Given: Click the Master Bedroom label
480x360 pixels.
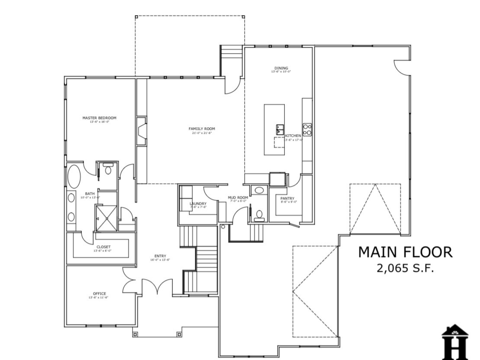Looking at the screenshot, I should (x=99, y=118).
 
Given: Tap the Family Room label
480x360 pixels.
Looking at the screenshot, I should (x=201, y=129).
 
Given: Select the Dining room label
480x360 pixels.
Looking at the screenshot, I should (x=281, y=68).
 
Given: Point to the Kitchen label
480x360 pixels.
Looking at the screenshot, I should (x=293, y=136).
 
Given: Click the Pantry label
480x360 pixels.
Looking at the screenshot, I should (x=287, y=199).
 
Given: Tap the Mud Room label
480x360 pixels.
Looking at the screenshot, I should (x=238, y=198).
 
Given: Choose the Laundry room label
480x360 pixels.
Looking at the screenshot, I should (x=198, y=203).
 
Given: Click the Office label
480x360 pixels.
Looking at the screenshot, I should (x=99, y=294).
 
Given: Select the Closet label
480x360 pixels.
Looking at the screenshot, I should (x=103, y=247).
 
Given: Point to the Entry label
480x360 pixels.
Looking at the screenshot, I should (x=160, y=256).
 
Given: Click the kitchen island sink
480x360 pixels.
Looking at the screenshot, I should (x=280, y=129).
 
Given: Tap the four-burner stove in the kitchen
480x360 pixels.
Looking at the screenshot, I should (x=307, y=129).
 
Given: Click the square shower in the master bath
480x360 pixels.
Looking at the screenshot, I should (x=106, y=218).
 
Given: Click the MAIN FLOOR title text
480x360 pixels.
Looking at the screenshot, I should (x=405, y=252).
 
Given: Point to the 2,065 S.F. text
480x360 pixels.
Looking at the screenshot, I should (x=405, y=268).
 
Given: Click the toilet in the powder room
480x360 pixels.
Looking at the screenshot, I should (x=259, y=214).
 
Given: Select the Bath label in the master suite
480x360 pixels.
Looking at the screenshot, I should (x=90, y=194).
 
